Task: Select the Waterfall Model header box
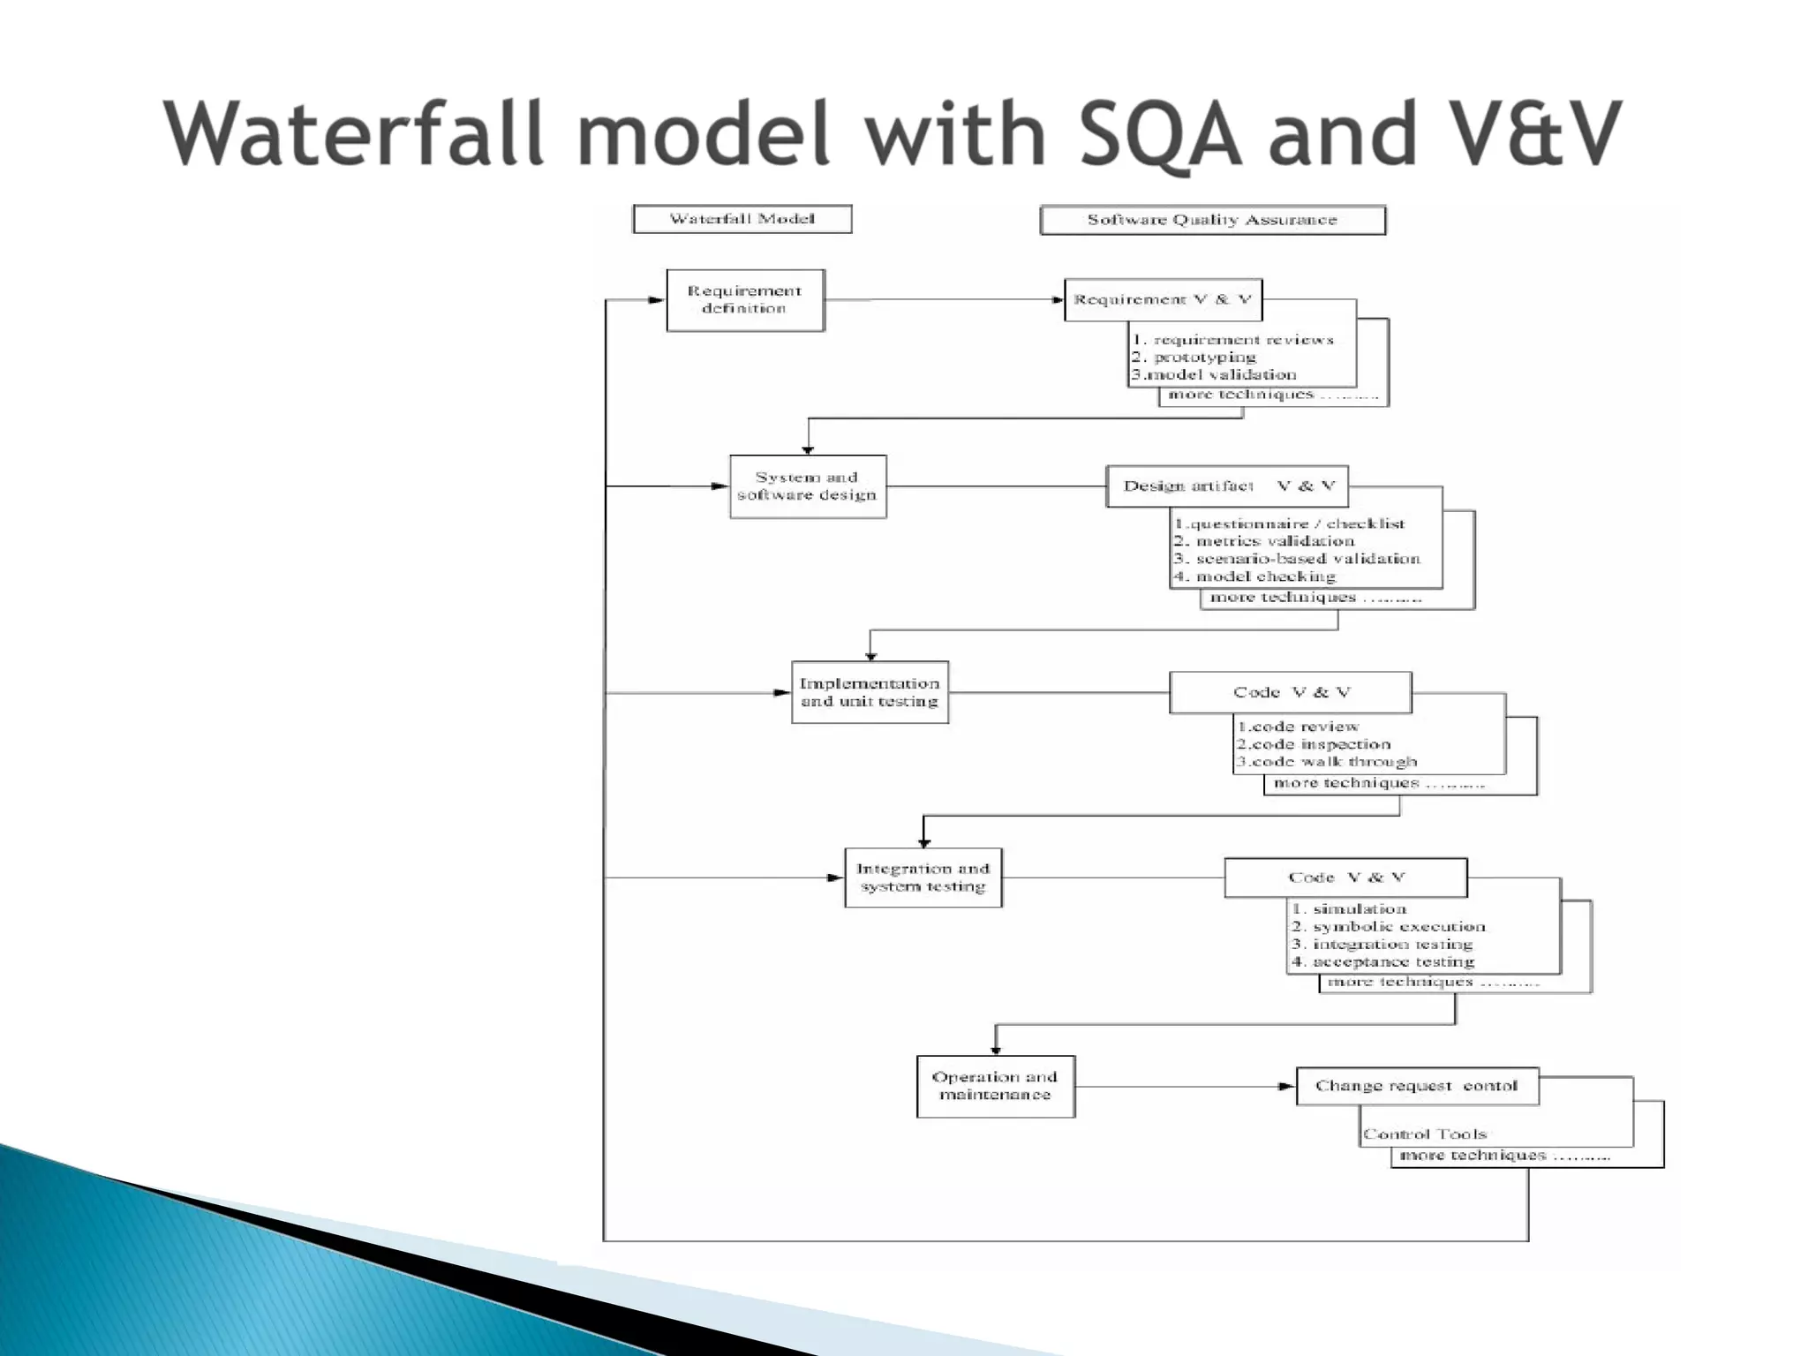click(742, 219)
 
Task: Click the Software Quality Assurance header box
click(1212, 220)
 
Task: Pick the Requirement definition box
click(745, 300)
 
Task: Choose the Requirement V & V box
click(1163, 300)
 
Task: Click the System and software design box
click(807, 486)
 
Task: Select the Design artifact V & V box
click(1227, 486)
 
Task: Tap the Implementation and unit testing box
click(870, 692)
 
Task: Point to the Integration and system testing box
click(923, 878)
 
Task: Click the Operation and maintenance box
click(995, 1086)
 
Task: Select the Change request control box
click(1417, 1086)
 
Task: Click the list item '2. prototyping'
click(1194, 358)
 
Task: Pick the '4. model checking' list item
click(1254, 576)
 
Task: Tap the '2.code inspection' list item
click(1313, 744)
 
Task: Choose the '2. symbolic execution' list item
click(1388, 927)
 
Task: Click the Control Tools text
click(1424, 1134)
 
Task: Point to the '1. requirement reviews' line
click(1232, 340)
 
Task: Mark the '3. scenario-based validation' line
click(1296, 559)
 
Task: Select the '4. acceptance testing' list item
click(1382, 962)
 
